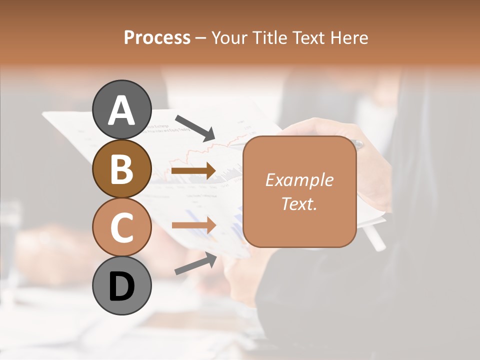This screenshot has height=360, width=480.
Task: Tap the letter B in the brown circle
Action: point(121,168)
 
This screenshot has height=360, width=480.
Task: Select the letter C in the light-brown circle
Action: point(121,227)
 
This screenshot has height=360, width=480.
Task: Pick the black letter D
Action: point(121,286)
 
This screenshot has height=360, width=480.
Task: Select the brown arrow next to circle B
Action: point(193,171)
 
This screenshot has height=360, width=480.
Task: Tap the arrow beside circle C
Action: point(193,225)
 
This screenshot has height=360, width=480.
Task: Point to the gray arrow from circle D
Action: point(195,263)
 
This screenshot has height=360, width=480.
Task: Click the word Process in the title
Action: point(157,37)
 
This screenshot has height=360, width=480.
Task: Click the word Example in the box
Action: point(299,180)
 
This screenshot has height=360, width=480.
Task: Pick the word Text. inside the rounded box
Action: point(299,204)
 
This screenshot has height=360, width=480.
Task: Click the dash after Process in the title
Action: point(200,38)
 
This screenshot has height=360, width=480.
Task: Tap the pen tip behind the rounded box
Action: point(358,144)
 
